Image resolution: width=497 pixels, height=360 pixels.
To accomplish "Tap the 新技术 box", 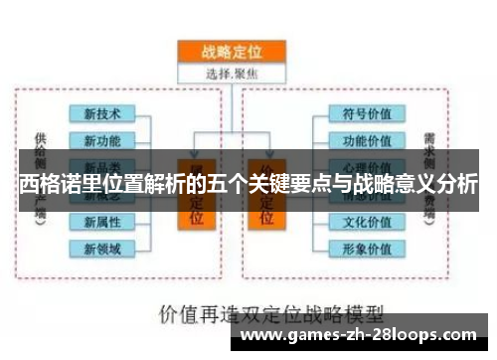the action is (x=102, y=114).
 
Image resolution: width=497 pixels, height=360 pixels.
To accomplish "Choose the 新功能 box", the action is (x=102, y=140).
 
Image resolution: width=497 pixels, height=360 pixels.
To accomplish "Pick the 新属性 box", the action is (x=102, y=221).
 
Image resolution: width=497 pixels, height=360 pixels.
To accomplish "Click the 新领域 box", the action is (x=102, y=247).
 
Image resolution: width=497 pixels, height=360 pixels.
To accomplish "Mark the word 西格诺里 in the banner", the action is (x=55, y=184).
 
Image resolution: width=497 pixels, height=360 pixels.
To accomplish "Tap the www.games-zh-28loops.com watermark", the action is (x=363, y=335).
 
